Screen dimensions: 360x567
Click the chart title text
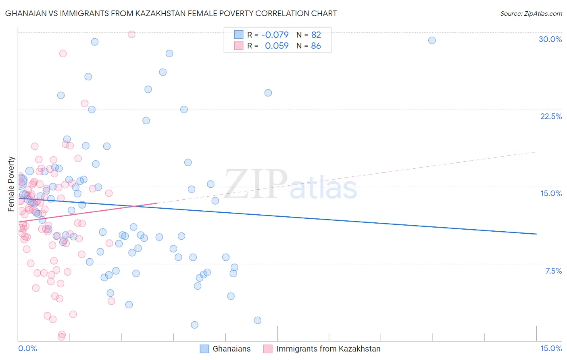click(x=171, y=13)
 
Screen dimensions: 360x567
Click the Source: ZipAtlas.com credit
click(x=531, y=14)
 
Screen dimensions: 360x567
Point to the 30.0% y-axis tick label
click(x=550, y=39)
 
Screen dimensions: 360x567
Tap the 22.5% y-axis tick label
click(x=551, y=116)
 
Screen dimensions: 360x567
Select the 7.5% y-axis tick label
click(x=553, y=271)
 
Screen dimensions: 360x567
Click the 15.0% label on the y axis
click(x=551, y=193)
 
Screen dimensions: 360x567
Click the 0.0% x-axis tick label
click(x=27, y=348)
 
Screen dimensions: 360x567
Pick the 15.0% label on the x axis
click(x=551, y=348)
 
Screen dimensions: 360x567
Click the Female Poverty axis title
click(x=11, y=184)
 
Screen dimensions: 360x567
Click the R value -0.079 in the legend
click(x=275, y=35)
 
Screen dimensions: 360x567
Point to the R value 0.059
click(x=277, y=46)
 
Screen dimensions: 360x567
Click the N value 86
click(x=316, y=46)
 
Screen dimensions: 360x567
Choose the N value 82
click(x=316, y=35)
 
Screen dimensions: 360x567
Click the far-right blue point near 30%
click(x=432, y=40)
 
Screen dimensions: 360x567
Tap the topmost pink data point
click(x=131, y=34)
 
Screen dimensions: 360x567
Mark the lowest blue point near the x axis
click(x=194, y=325)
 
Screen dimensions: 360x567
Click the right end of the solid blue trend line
click(x=536, y=234)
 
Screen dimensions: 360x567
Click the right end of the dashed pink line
click(x=536, y=152)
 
